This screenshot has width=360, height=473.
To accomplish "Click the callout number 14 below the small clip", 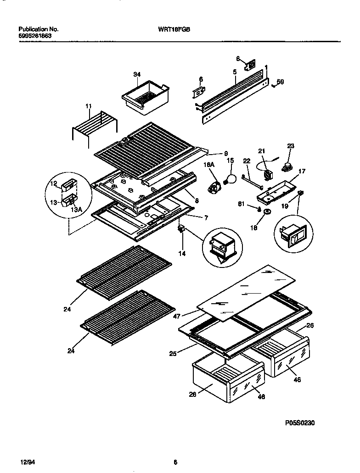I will [x=182, y=253].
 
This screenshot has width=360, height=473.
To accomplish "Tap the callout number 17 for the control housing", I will [x=302, y=173].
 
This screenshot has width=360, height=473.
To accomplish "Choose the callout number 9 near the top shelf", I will [x=225, y=153].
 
